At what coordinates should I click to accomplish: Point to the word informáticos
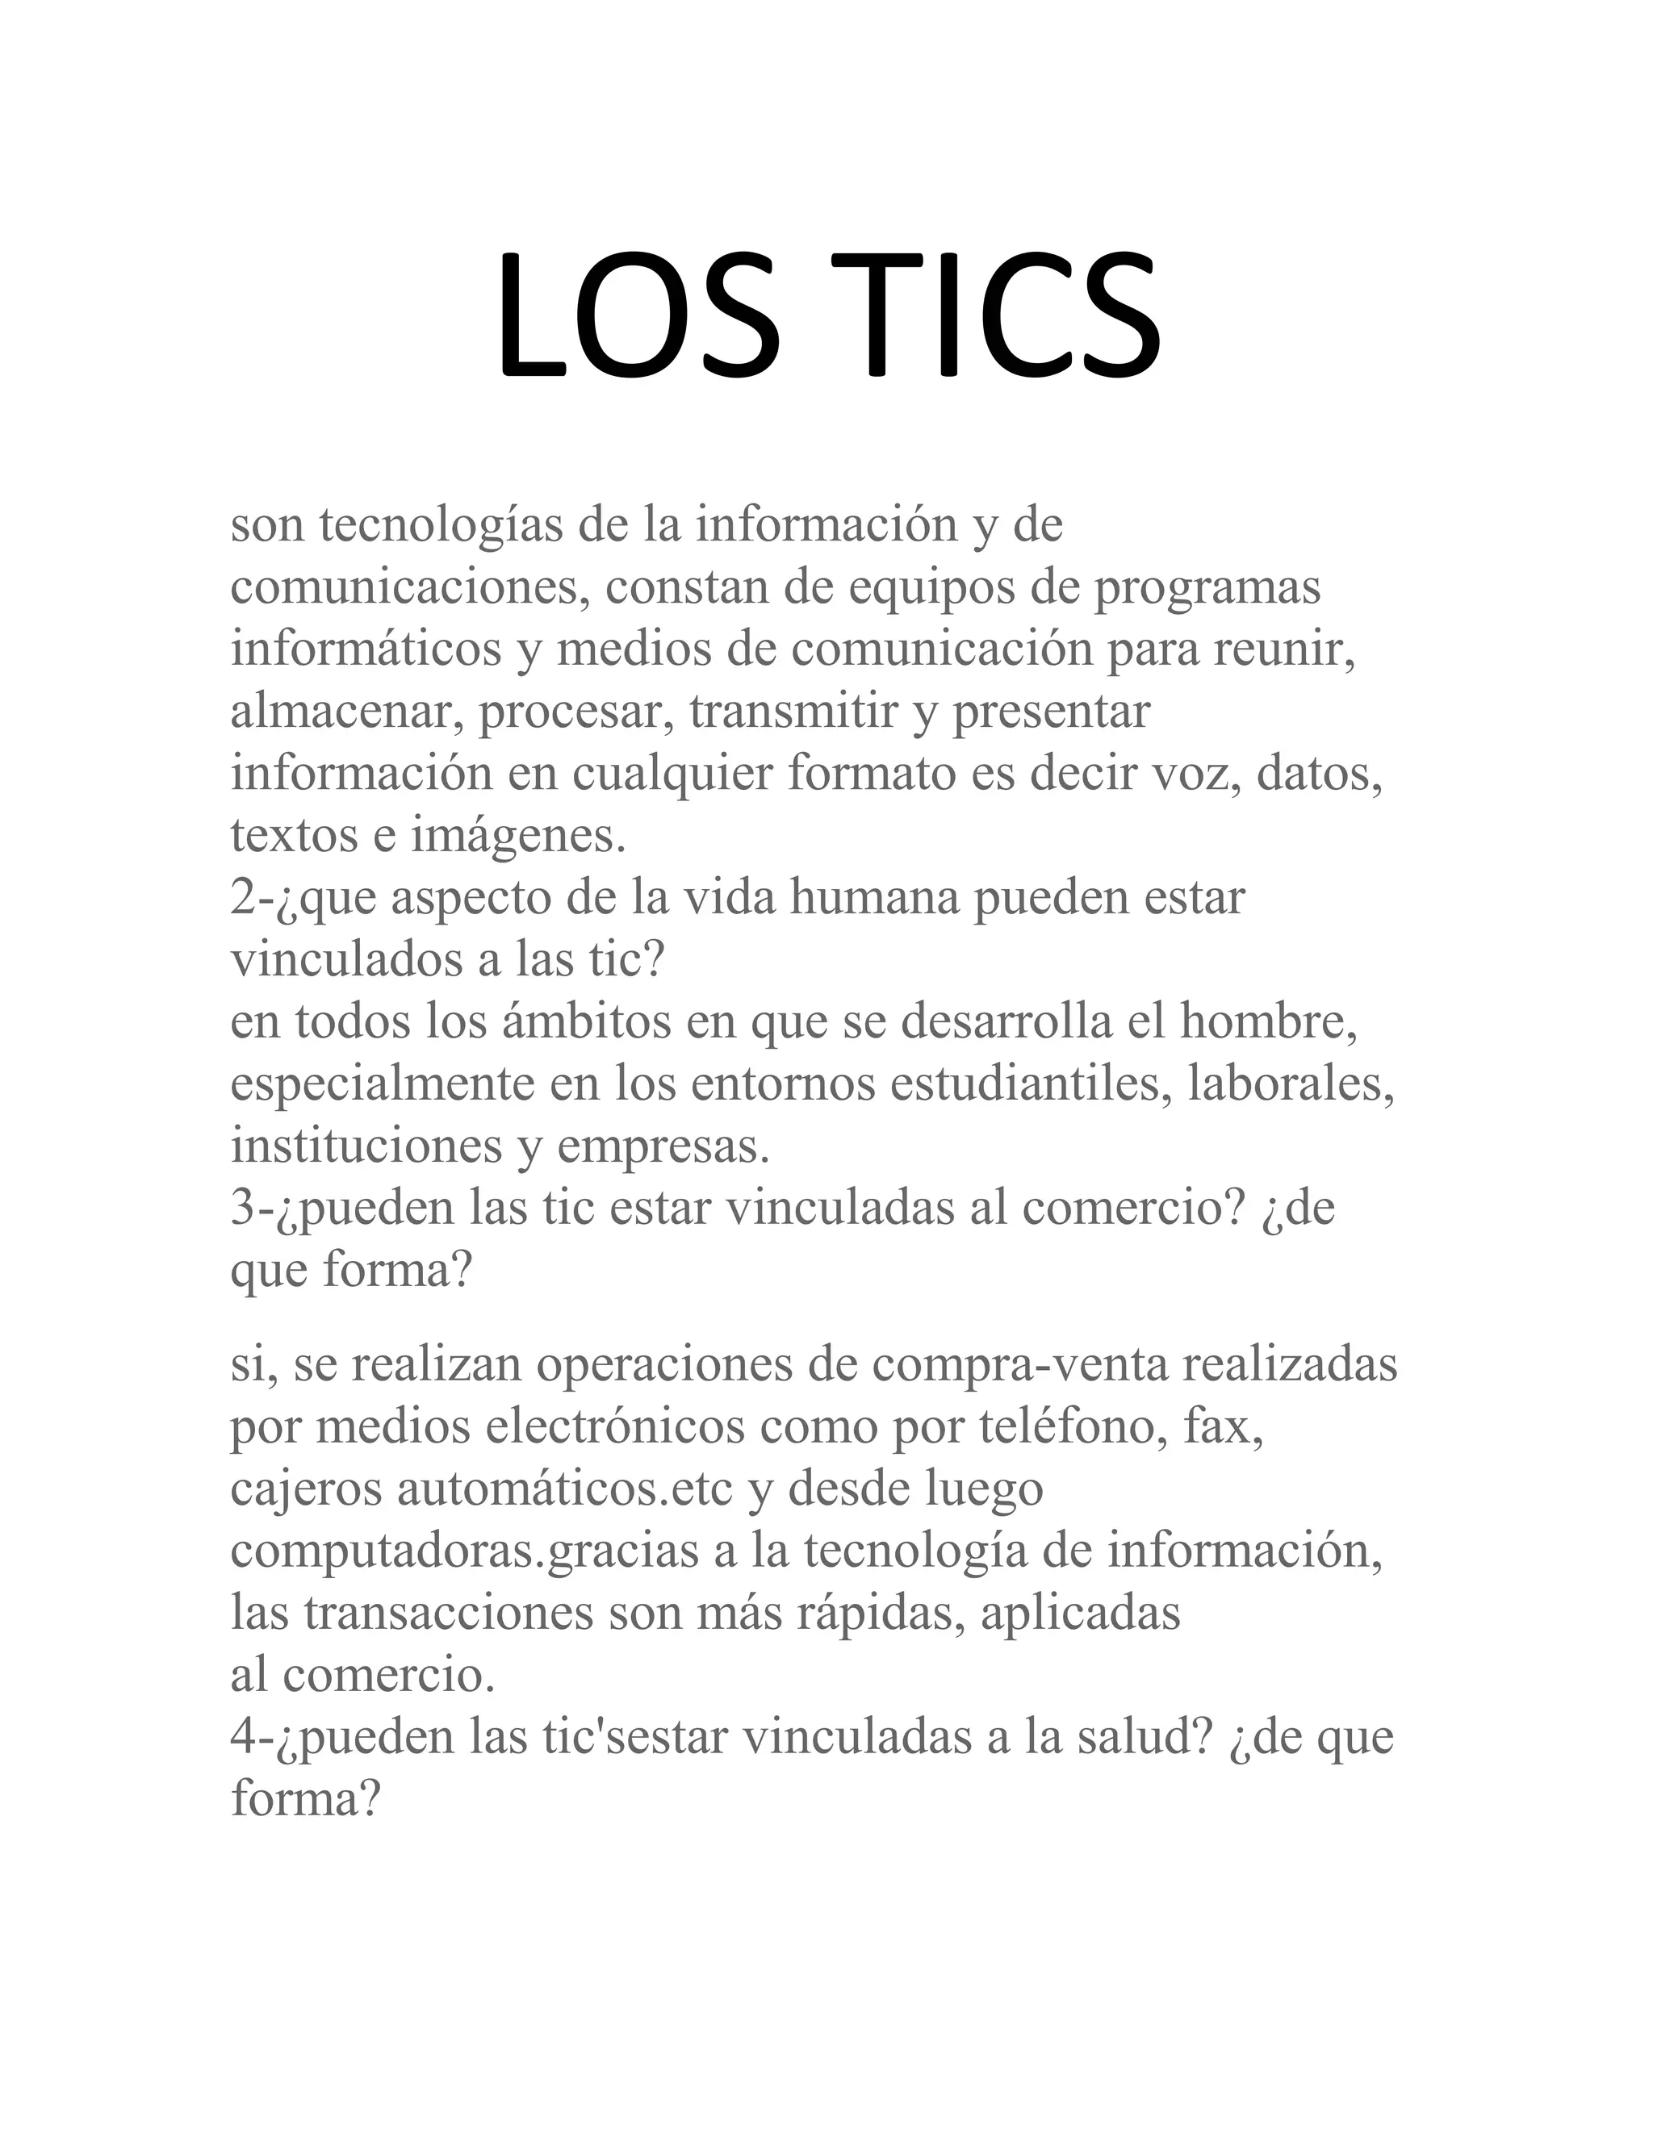pos(366,651)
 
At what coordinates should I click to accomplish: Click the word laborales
pos(1291,1084)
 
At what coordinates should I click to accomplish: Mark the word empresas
pos(663,1146)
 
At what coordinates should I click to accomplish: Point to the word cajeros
pos(307,1491)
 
